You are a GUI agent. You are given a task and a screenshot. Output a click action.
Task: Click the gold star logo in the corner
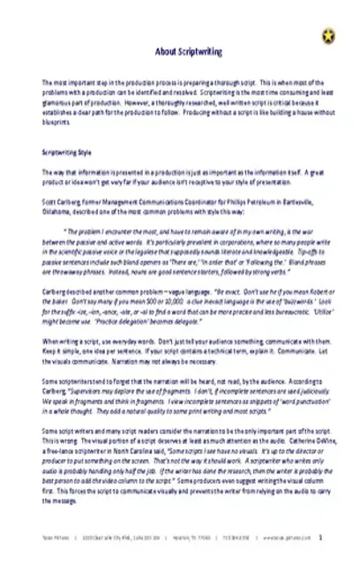click(x=329, y=34)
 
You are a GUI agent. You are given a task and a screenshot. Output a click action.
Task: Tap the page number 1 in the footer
click(x=320, y=558)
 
